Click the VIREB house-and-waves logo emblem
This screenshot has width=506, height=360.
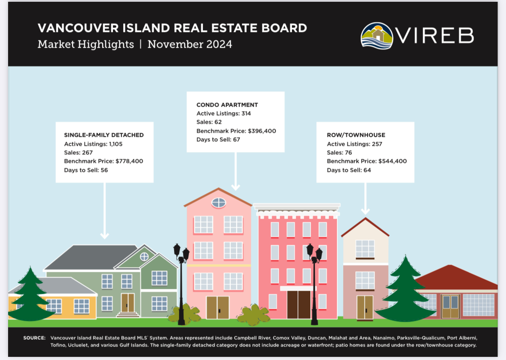tap(376, 36)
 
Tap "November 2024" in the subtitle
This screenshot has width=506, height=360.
tap(190, 44)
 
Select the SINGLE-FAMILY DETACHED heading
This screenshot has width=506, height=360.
tap(104, 135)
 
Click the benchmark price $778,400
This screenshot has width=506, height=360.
tap(129, 161)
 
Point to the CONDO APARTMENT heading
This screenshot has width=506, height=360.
tap(227, 105)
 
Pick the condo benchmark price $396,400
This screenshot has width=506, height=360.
tap(262, 131)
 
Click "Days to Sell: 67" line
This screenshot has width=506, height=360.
tap(218, 139)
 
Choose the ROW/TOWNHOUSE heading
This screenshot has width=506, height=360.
tap(356, 135)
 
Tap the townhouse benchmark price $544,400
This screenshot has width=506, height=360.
tap(392, 161)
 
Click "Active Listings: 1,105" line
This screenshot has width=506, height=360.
tap(93, 144)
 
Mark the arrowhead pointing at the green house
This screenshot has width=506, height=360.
tap(104, 236)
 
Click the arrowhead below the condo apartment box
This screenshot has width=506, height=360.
tap(236, 187)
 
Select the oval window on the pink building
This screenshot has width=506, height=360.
tap(219, 203)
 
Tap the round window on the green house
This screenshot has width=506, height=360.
tap(144, 256)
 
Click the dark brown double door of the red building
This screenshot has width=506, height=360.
tap(299, 305)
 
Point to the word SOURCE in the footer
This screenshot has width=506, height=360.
tap(34, 338)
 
